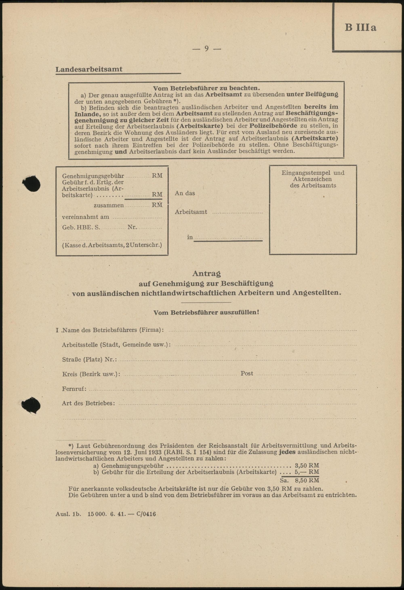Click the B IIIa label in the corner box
pos(360,28)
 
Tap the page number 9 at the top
pos(206,48)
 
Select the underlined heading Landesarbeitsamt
pos(89,69)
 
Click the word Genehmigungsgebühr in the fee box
pos(93,176)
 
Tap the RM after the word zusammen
pos(157,205)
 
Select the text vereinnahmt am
pos(86,217)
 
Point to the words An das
pos(185,193)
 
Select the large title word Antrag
pos(206,273)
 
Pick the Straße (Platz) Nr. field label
pos(89,359)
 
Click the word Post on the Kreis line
pos(247,374)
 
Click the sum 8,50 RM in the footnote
pos(307,480)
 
